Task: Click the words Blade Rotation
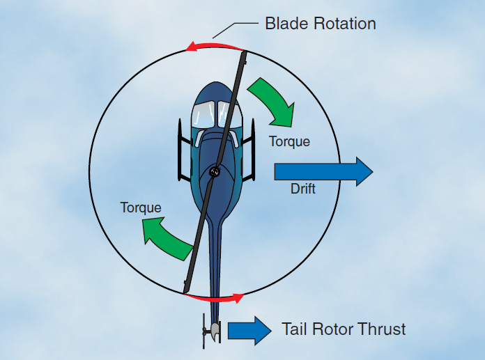pyautogui.click(x=320, y=24)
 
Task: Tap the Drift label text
pyautogui.click(x=302, y=189)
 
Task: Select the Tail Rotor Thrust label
pyautogui.click(x=343, y=329)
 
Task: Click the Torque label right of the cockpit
pyautogui.click(x=289, y=141)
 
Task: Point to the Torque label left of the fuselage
pyautogui.click(x=141, y=208)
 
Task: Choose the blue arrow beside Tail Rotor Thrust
pyautogui.click(x=249, y=329)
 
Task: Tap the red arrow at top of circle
pyautogui.click(x=213, y=46)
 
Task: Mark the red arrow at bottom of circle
pyautogui.click(x=217, y=298)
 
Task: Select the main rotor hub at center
pyautogui.click(x=215, y=171)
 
